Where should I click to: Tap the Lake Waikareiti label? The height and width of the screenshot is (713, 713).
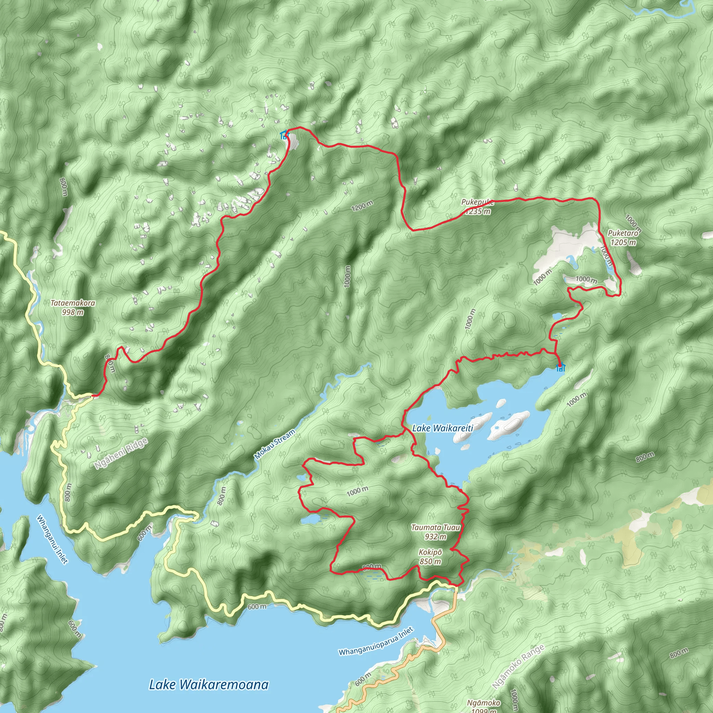442,428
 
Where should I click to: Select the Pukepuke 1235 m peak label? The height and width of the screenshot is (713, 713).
478,207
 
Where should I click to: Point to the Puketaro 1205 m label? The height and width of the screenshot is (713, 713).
623,238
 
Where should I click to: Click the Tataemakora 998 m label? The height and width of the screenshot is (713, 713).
73,307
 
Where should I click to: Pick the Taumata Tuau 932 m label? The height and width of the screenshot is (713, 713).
436,532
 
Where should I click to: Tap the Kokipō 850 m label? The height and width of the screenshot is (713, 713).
430,557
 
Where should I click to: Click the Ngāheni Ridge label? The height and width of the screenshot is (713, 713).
121,454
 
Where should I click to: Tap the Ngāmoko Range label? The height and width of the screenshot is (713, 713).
518,667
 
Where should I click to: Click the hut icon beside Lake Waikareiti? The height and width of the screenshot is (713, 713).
560,368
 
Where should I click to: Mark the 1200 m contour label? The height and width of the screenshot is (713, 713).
362,206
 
